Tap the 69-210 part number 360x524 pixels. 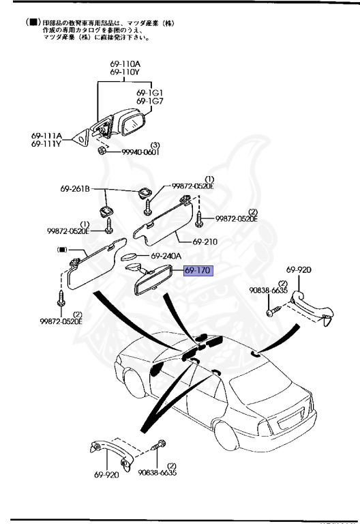coord(205,242)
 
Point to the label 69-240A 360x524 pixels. coord(166,256)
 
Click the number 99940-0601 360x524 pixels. coord(140,153)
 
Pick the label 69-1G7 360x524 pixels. coord(150,102)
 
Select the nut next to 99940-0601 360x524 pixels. coord(102,149)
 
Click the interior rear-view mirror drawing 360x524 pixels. coord(149,281)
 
